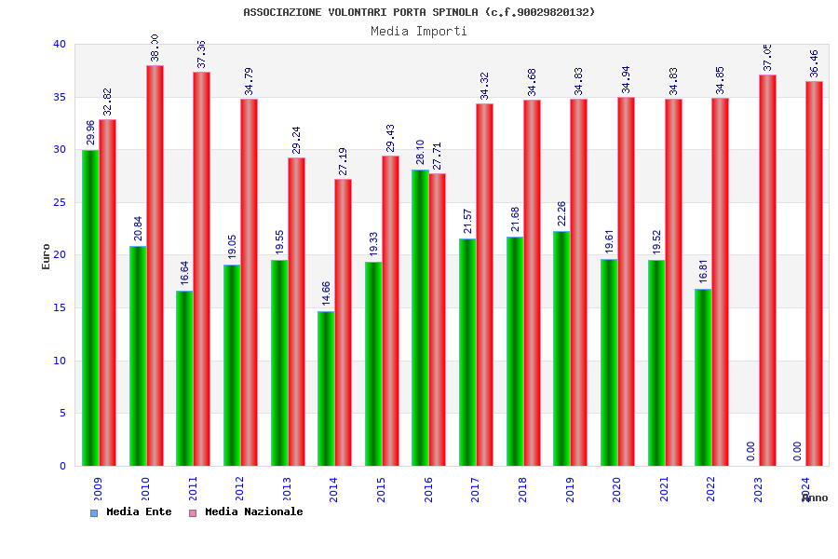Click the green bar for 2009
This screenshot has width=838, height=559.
point(90,307)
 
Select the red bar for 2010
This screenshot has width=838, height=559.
point(155,266)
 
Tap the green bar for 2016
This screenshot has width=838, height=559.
point(420,318)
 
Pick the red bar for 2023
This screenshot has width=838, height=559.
point(767,270)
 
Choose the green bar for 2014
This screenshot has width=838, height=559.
point(326,389)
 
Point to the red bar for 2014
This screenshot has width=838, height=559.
point(344,322)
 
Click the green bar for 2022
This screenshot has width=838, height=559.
point(703,377)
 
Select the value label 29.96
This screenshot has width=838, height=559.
point(90,132)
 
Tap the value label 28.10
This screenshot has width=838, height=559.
point(420,152)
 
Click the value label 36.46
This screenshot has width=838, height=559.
point(815,63)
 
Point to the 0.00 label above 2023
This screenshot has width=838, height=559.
point(750,451)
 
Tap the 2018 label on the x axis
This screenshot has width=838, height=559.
point(523,490)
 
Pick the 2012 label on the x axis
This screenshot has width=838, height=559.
point(240,490)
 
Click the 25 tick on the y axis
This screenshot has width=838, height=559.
point(60,202)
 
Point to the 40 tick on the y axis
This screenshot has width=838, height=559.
point(60,44)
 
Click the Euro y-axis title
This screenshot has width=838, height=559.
point(47,256)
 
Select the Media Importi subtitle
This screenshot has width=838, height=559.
point(419,31)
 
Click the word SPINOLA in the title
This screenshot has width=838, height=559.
point(455,12)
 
